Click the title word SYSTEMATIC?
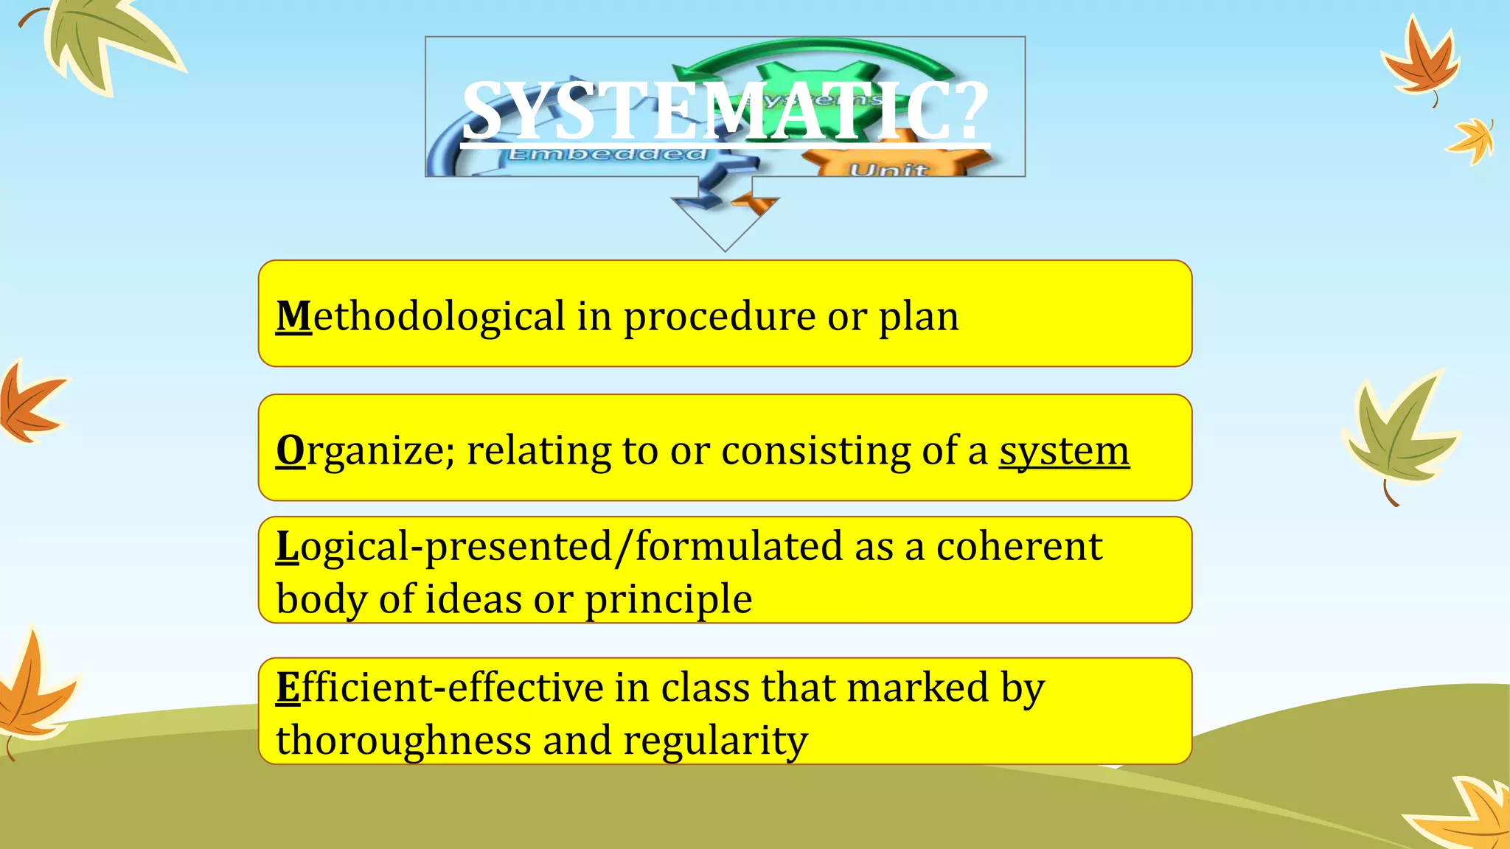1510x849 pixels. tap(725, 111)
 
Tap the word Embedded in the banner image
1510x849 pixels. tap(607, 154)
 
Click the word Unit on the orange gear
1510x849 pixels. tap(888, 170)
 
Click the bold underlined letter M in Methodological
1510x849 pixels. tap(293, 316)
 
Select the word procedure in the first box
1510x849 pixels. tap(719, 318)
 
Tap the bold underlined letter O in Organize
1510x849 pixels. tap(290, 450)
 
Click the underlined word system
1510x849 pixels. tap(1064, 450)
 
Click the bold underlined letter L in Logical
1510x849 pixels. tap(287, 547)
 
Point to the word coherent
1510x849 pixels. tap(1019, 547)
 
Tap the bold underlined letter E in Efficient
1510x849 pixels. tap(288, 688)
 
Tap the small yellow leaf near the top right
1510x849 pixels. tap(1472, 140)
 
